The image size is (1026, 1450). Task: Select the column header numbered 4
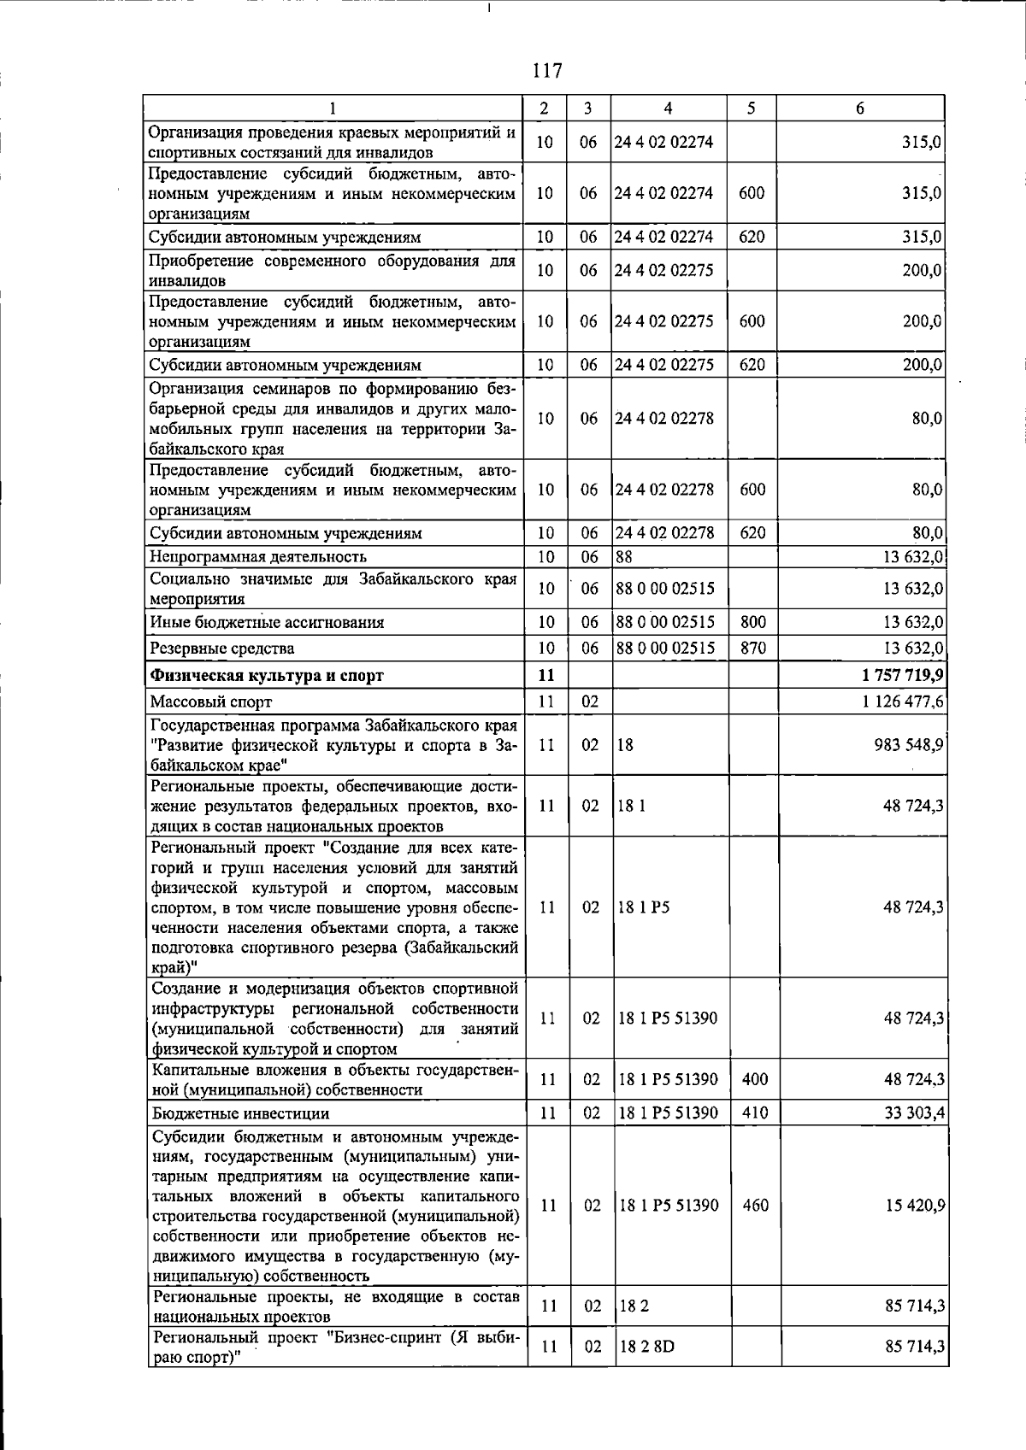click(x=668, y=109)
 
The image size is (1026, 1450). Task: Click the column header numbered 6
click(x=860, y=109)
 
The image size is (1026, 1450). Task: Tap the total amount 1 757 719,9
click(x=903, y=675)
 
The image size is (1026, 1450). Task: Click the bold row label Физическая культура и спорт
click(x=267, y=676)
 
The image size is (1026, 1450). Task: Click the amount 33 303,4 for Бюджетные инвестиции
click(x=913, y=1113)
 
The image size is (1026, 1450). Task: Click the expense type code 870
click(x=752, y=648)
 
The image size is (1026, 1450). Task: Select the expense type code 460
click(x=755, y=1206)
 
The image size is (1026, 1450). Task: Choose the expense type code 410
click(x=755, y=1113)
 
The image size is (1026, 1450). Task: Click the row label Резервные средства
click(x=222, y=649)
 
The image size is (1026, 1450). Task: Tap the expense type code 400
click(x=755, y=1080)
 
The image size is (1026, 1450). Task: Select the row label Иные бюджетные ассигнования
click(x=267, y=622)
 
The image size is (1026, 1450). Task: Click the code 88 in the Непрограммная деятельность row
click(x=623, y=557)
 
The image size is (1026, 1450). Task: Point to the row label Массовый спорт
click(x=211, y=702)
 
